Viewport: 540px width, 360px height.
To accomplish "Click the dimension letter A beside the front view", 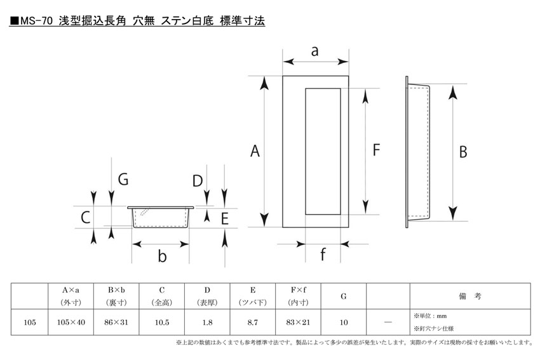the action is click(255, 151).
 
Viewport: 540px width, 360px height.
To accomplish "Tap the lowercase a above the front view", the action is click(314, 51).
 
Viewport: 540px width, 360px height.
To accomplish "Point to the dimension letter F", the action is click(377, 150).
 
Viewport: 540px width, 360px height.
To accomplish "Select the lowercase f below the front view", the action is click(323, 255).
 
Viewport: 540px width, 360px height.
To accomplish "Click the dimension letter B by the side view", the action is click(463, 152).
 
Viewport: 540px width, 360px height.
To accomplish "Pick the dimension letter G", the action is click(123, 179).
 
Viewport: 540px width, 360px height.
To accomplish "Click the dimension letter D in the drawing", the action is click(198, 181).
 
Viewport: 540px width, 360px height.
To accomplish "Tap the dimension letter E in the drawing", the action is click(224, 218).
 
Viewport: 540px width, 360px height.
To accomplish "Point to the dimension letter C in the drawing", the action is click(85, 218).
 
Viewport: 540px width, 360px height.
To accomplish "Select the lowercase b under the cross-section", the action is click(162, 256).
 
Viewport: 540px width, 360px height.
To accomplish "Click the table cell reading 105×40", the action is click(71, 323).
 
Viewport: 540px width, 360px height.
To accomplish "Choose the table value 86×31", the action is click(116, 323).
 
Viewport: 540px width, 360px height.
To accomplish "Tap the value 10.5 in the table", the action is click(162, 323).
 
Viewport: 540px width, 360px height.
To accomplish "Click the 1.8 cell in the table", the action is click(207, 323).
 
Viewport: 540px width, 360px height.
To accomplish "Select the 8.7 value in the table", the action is click(252, 323).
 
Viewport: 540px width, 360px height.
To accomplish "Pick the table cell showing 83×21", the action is click(298, 323).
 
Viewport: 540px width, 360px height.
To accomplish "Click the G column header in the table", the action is click(343, 297).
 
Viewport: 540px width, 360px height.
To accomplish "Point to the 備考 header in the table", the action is click(470, 296).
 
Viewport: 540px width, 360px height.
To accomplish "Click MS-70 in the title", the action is click(36, 21).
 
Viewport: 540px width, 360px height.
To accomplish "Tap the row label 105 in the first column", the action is click(30, 323).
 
